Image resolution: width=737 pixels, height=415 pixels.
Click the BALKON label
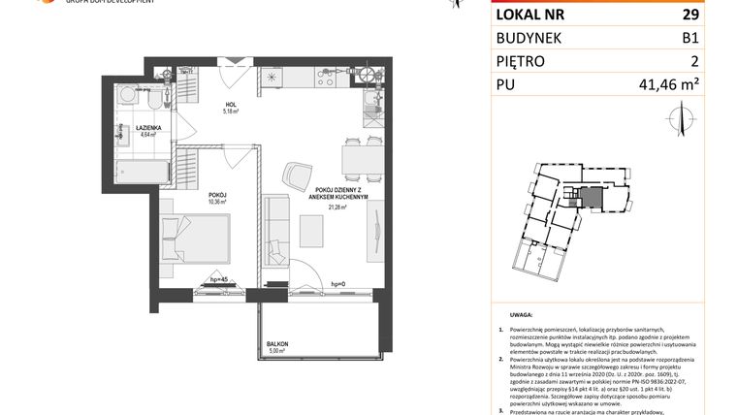click(277, 344)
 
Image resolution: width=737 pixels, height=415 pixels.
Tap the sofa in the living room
click(275, 229)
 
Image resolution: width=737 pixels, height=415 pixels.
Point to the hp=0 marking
click(339, 282)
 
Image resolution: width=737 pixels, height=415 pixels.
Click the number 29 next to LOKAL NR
click(689, 15)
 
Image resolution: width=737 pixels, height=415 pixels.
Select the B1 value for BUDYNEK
click(689, 38)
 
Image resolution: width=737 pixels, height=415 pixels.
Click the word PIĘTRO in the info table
click(521, 61)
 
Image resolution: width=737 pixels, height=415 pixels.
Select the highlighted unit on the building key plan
click(588, 197)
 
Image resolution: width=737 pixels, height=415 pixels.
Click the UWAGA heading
click(520, 315)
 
